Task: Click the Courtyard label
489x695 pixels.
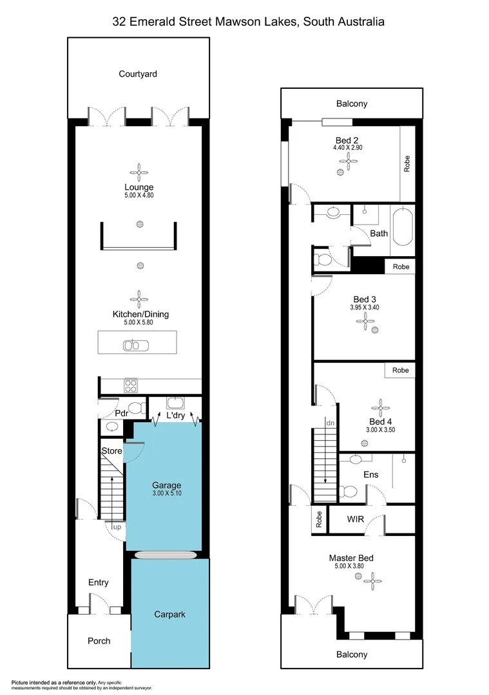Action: [138, 74]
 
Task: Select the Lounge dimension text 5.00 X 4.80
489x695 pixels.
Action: [139, 195]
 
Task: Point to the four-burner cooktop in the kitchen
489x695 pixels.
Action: [131, 386]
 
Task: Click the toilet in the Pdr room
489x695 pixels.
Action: [137, 407]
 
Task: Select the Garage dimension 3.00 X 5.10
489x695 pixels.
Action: [166, 494]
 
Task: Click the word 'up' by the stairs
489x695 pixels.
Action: [117, 527]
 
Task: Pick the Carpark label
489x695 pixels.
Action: [170, 615]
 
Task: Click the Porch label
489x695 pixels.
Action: [99, 641]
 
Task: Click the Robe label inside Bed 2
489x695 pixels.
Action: [407, 163]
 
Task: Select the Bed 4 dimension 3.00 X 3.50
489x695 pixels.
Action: [379, 429]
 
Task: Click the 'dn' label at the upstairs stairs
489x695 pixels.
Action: [330, 423]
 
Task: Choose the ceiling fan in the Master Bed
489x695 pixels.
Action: [372, 581]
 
